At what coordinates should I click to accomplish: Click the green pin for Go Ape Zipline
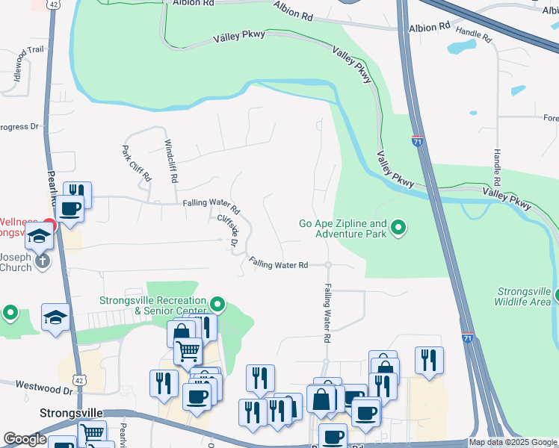(398, 228)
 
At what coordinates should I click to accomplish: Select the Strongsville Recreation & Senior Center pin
(217, 304)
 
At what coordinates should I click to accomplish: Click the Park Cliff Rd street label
(137, 164)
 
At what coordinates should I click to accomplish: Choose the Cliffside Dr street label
(227, 231)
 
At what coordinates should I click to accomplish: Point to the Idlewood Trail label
(18, 66)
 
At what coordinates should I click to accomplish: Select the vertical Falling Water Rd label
(327, 313)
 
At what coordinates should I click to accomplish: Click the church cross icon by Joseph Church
(43, 261)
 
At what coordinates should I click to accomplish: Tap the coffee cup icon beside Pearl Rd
(71, 209)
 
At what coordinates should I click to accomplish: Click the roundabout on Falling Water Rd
(327, 265)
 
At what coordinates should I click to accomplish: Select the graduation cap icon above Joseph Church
(38, 237)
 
